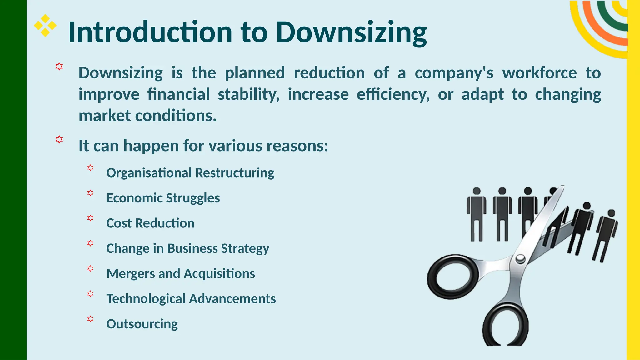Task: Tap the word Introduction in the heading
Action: (x=150, y=32)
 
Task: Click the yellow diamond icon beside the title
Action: (x=45, y=25)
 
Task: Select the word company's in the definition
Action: (x=454, y=73)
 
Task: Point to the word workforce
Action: (x=539, y=73)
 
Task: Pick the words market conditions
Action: (x=147, y=116)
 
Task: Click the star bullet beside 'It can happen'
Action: (x=59, y=139)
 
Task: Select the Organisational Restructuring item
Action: (x=190, y=173)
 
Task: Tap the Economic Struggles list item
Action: (x=163, y=198)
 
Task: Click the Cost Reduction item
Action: (x=150, y=223)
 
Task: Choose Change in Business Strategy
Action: (x=187, y=248)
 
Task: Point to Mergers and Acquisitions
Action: (x=181, y=273)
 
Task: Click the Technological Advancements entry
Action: (x=191, y=299)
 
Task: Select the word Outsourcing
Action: (x=142, y=324)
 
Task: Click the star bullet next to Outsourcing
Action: (x=90, y=319)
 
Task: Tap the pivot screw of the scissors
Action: (x=520, y=258)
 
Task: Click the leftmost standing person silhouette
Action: (x=477, y=214)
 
